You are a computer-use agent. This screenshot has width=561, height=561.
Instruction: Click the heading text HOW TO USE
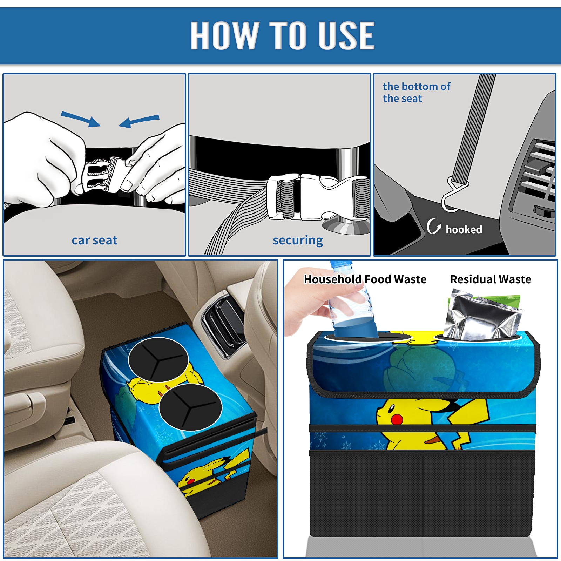click(x=283, y=35)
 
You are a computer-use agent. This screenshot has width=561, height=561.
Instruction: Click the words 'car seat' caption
click(x=94, y=240)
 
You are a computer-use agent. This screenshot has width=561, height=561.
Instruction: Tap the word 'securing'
click(x=298, y=241)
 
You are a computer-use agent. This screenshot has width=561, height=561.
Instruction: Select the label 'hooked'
click(x=464, y=229)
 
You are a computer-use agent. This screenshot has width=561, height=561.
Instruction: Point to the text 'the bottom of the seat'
click(x=416, y=92)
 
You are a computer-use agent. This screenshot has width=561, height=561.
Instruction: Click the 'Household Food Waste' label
click(x=365, y=279)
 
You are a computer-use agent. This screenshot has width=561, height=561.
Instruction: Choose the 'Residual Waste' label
click(x=491, y=279)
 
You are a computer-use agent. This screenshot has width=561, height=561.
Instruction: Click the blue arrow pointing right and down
click(x=81, y=119)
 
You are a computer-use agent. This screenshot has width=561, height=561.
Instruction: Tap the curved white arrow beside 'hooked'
click(x=433, y=227)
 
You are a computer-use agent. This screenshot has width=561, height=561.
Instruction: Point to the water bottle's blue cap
click(x=340, y=264)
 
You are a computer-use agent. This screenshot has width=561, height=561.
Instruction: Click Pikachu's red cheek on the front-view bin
click(x=397, y=419)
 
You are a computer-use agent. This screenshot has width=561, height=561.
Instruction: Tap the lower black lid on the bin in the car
click(x=190, y=407)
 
